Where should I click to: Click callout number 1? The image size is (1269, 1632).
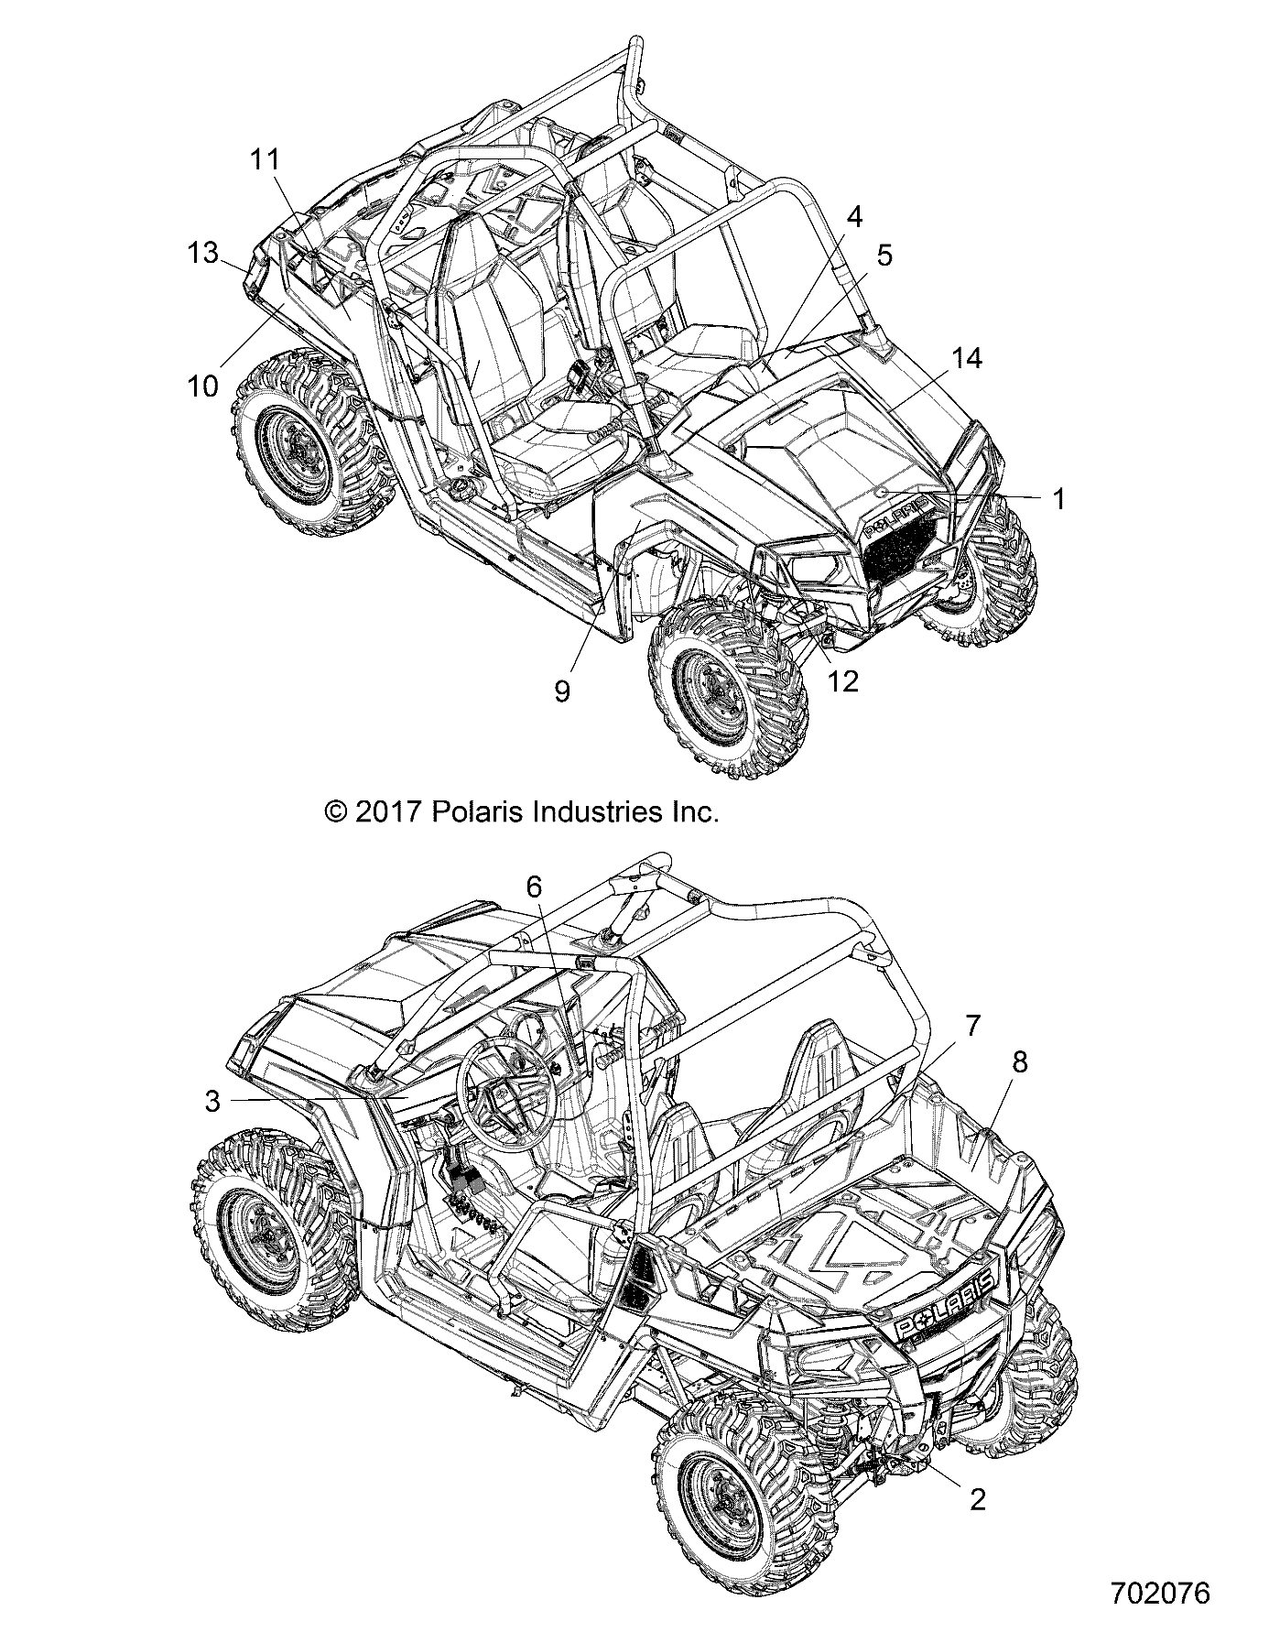pyautogui.click(x=1058, y=499)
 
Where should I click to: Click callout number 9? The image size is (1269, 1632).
pyautogui.click(x=562, y=691)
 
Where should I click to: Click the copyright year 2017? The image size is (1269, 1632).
pyautogui.click(x=385, y=811)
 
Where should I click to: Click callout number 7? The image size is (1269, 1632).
pyautogui.click(x=972, y=1026)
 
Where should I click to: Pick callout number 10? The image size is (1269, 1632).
pyautogui.click(x=203, y=386)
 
